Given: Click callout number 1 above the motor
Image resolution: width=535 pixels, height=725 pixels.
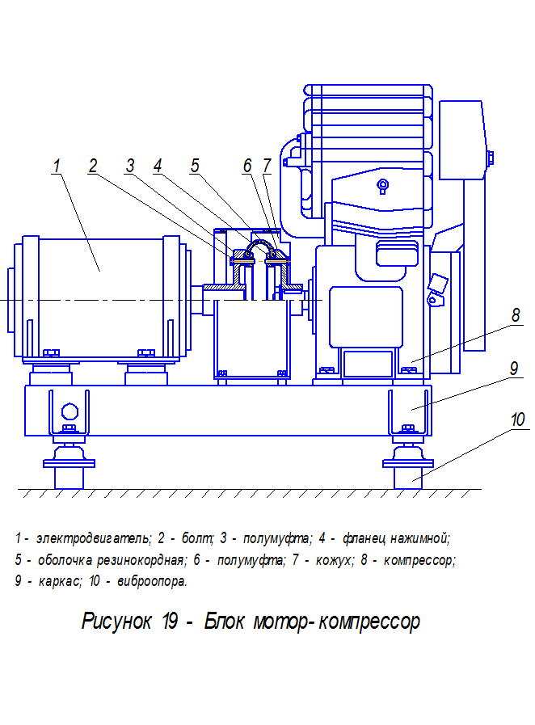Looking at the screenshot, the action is (x=57, y=166).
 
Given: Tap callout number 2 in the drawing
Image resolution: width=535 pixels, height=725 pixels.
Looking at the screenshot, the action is (x=93, y=166).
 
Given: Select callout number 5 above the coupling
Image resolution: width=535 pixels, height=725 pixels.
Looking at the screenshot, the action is (x=195, y=166).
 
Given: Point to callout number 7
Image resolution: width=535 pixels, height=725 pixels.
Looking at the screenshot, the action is (x=267, y=166).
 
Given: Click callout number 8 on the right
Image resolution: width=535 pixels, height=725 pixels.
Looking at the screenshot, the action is (x=516, y=315).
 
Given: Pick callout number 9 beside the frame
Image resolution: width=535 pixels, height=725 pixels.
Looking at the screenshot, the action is (x=514, y=369).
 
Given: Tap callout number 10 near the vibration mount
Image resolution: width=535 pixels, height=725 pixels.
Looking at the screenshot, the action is (x=517, y=419).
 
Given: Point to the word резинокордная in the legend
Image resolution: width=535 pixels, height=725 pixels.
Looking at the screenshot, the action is (x=140, y=560).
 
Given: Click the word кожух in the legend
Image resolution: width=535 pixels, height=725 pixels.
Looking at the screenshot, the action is (x=335, y=560).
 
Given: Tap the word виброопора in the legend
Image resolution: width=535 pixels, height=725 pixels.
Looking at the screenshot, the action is (x=152, y=581).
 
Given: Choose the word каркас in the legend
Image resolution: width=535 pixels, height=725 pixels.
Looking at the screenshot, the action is (x=60, y=581).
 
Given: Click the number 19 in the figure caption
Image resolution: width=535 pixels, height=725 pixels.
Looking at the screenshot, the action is (x=171, y=621).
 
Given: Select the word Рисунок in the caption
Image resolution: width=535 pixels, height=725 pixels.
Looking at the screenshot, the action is (x=116, y=621).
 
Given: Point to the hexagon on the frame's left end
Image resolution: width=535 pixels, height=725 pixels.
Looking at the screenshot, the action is (x=70, y=411).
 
